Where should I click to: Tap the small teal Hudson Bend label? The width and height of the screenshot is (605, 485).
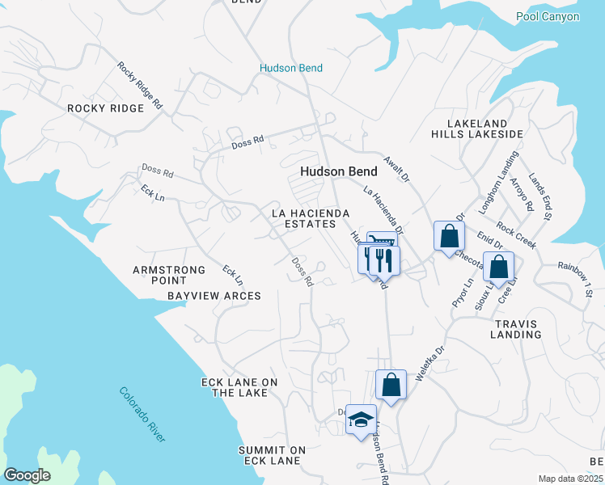(x=291, y=69)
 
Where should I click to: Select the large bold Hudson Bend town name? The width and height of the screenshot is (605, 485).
(x=338, y=171)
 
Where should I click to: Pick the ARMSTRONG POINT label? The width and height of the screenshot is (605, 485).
(x=159, y=274)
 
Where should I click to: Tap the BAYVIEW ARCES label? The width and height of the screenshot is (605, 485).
(x=214, y=296)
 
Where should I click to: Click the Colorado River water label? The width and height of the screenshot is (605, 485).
(x=142, y=414)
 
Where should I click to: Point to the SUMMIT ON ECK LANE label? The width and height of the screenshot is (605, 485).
(x=272, y=455)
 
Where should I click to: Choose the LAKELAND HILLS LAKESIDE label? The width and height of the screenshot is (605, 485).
(x=477, y=128)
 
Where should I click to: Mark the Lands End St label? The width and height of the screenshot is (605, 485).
(x=540, y=196)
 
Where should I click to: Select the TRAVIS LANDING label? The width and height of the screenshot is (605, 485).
(x=515, y=328)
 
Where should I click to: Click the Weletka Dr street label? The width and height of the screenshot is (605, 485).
(x=430, y=364)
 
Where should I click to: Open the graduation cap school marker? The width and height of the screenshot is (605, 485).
(x=361, y=420)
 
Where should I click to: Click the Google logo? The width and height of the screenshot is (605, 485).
(x=27, y=475)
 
